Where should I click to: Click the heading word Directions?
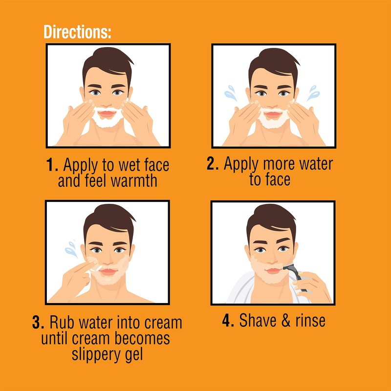(77, 32)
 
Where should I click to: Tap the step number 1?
(52, 165)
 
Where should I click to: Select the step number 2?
(213, 163)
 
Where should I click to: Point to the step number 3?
(38, 322)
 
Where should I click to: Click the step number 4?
(228, 320)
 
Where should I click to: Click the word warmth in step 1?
(133, 180)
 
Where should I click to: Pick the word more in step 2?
(279, 164)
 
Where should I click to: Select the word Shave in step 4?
(258, 320)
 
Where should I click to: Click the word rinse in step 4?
(310, 321)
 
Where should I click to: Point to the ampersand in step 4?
(286, 320)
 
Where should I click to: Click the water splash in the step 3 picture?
(71, 249)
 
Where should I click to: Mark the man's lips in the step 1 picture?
(107, 114)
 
